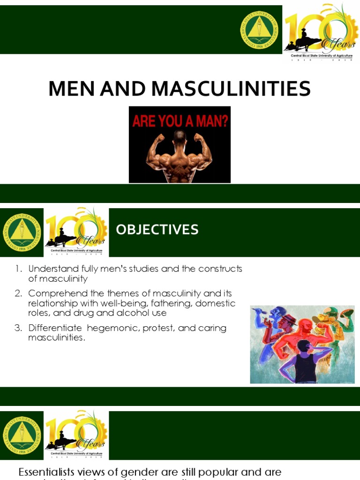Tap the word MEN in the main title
point(72,89)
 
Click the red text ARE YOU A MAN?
point(180,122)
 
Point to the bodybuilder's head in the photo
point(180,137)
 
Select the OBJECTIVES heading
point(157,230)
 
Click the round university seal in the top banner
point(260,30)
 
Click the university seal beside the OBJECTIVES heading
point(22,232)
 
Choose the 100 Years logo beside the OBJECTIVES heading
point(76,232)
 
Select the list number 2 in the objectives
point(18,293)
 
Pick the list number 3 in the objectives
point(18,328)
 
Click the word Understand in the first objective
point(52,269)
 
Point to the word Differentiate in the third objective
point(55,328)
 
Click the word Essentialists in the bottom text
point(49,472)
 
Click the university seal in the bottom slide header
point(22,435)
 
